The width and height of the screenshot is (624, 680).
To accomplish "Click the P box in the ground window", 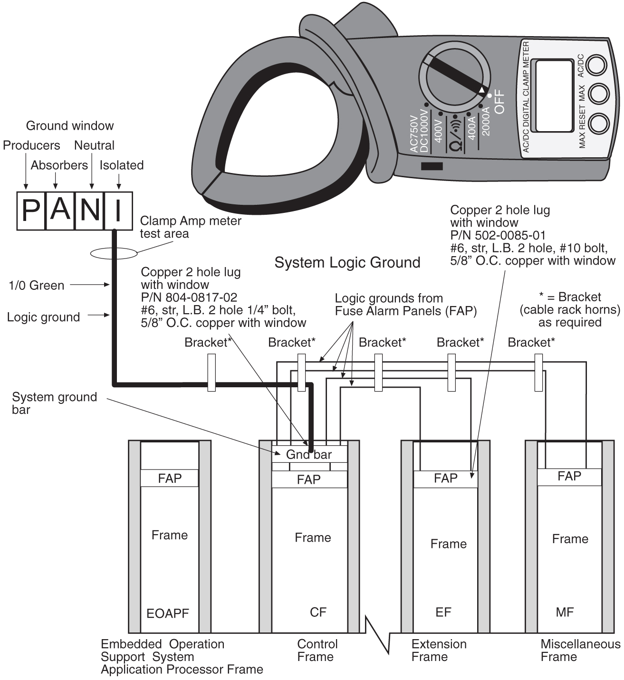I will (31, 211).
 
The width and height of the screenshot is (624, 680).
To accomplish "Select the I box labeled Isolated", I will (118, 211).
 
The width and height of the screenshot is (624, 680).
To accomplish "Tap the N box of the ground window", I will (89, 211).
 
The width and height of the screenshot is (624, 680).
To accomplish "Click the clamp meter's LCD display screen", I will (554, 96).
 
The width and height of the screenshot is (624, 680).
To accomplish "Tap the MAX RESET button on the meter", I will (599, 124).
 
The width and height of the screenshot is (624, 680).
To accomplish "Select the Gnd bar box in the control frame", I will (309, 454).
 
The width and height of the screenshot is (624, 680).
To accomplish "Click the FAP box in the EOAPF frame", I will (170, 478).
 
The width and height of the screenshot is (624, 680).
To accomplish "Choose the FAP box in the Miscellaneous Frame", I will (569, 476).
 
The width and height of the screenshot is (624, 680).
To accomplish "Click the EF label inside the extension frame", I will (443, 612).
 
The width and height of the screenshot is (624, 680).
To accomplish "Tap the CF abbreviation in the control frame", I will (318, 612).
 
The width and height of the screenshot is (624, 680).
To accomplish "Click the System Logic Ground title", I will (347, 262).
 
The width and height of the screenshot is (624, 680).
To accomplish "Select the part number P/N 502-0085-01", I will (498, 235).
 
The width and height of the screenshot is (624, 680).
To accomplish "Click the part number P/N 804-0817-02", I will (189, 297).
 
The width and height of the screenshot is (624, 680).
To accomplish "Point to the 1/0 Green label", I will (37, 286).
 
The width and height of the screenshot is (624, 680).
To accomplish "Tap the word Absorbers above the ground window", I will (59, 165).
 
